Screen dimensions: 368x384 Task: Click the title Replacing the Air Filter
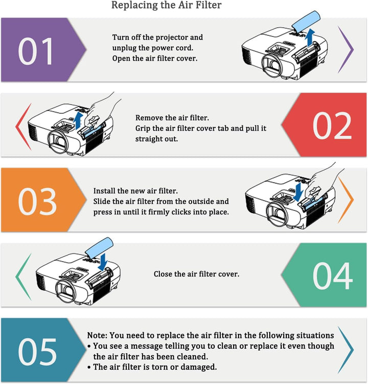click(166, 5)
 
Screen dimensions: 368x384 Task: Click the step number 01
click(35, 51)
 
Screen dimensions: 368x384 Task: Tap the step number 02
click(332, 125)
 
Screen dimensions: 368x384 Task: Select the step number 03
click(37, 202)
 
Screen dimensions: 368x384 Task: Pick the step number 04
click(333, 276)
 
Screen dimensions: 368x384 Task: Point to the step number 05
click(37, 352)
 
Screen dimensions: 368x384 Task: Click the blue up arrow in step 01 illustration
click(311, 37)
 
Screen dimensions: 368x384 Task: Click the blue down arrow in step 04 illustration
click(104, 262)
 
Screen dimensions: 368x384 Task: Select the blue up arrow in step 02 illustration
click(78, 121)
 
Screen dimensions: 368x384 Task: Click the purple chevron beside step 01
click(346, 50)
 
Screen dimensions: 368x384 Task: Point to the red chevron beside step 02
click(24, 127)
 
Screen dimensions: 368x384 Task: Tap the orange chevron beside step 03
click(346, 200)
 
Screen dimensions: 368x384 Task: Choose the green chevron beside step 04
click(24, 276)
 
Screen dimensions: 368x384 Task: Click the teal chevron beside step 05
click(346, 350)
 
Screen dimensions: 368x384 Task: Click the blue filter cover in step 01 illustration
click(306, 22)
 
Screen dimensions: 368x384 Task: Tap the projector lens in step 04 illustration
click(65, 291)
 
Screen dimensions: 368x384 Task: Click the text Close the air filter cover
click(196, 274)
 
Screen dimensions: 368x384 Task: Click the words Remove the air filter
click(172, 118)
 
